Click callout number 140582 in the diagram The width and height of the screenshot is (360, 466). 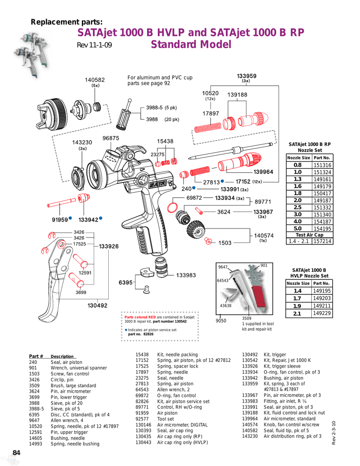tap(95, 80)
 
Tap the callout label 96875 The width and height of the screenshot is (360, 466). tap(111, 138)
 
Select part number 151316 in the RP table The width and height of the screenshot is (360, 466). tap(322, 165)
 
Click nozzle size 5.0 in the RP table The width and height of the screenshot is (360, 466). tap(298, 228)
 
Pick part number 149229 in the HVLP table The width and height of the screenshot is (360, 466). tap(322, 314)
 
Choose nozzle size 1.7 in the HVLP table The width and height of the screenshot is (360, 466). tap(298, 298)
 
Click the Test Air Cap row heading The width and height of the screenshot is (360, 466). tap(309, 235)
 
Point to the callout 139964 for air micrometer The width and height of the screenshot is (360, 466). tap(263, 172)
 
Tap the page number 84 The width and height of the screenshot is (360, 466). tap(16, 452)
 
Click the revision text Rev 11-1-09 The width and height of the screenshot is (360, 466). tap(94, 46)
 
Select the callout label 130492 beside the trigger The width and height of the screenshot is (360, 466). tap(97, 305)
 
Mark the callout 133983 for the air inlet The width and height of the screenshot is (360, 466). tap(186, 275)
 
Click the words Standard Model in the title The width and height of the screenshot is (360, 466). tap(191, 45)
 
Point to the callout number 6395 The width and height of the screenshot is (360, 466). tap(126, 283)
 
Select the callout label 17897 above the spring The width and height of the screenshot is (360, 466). tap(211, 113)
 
